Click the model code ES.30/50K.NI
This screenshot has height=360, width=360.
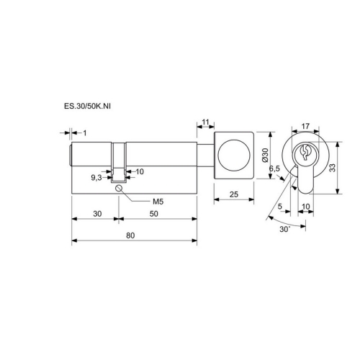87,106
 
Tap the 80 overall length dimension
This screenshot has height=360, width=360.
130,235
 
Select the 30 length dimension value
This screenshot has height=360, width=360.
97,214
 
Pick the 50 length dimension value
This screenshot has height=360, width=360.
154,214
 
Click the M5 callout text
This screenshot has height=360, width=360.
158,202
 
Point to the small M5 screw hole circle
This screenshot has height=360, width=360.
119,188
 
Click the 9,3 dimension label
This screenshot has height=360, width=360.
96,178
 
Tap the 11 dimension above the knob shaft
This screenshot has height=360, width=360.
205,122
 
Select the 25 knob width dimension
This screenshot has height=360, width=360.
234,194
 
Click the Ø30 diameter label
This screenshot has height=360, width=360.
265,155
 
